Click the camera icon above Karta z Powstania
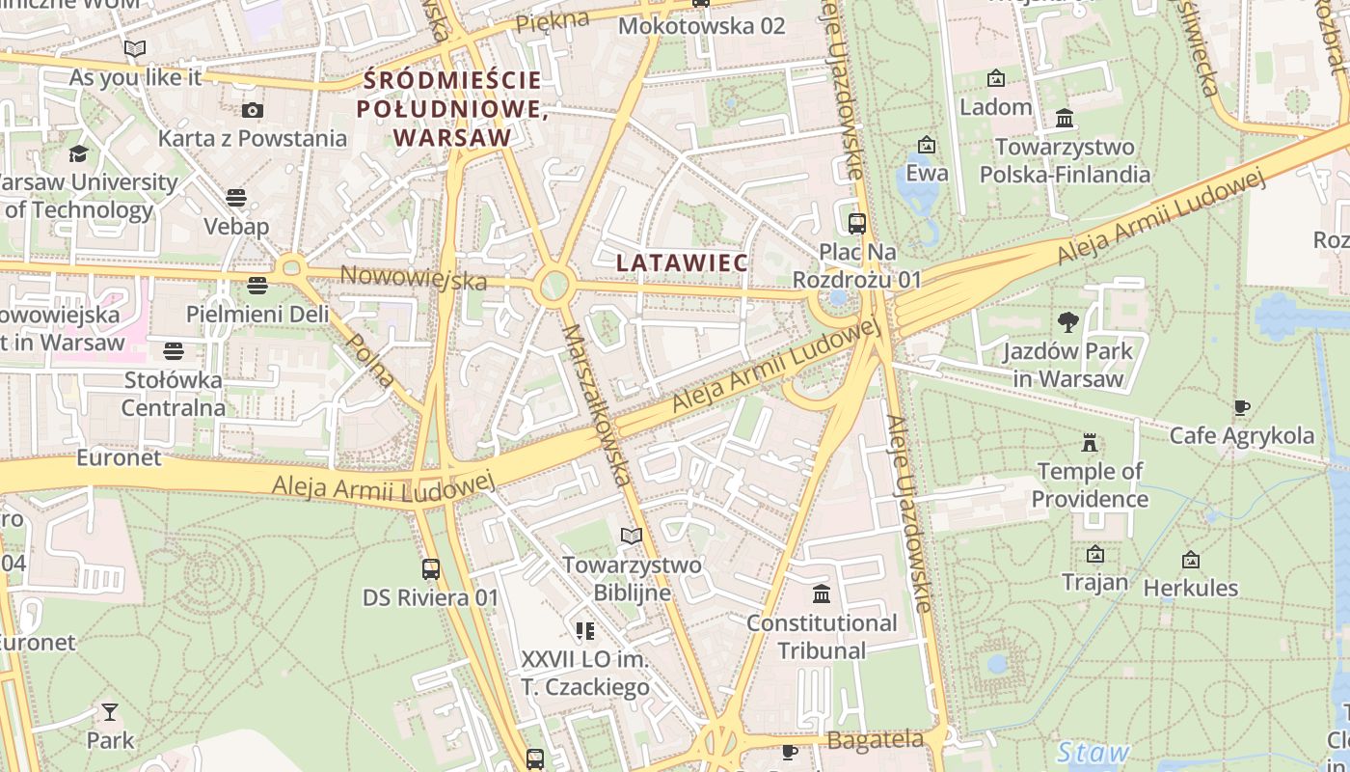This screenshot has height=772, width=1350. (x=252, y=110)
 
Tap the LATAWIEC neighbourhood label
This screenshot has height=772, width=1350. (x=682, y=262)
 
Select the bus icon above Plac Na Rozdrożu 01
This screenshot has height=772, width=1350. (x=856, y=224)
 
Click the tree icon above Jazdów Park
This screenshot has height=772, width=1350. (x=1067, y=322)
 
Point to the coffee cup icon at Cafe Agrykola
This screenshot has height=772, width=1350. (x=1241, y=408)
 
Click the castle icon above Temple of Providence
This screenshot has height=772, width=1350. (x=1090, y=443)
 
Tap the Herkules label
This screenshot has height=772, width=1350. (x=1190, y=588)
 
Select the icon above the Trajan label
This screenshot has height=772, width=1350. (x=1094, y=554)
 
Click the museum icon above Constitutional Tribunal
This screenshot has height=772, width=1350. (x=822, y=593)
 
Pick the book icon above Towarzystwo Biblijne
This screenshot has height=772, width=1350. (x=632, y=536)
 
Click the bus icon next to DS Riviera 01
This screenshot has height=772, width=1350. (x=431, y=569)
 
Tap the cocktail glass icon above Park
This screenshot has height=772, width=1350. (x=110, y=712)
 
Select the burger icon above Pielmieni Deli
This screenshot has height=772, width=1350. (x=256, y=286)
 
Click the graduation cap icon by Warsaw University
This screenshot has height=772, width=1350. (x=78, y=153)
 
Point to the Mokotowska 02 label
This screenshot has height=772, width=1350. (x=701, y=26)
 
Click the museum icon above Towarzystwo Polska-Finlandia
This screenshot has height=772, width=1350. (x=1065, y=119)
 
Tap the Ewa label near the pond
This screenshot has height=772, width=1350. (x=927, y=174)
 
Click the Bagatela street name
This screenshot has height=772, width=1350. (x=875, y=740)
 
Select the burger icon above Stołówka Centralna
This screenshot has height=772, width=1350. (x=174, y=350)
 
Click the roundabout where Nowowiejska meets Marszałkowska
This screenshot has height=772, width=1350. (x=554, y=286)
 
